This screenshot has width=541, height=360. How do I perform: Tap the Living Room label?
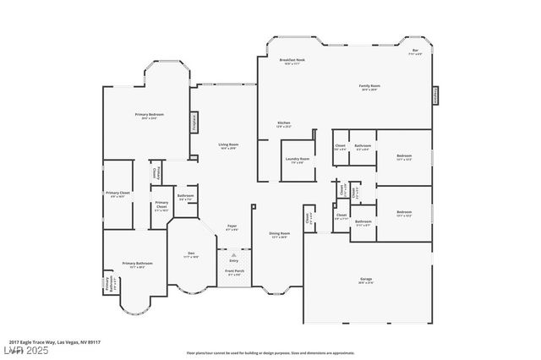tap(228, 145)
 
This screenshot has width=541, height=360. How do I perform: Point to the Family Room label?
tap(369, 86)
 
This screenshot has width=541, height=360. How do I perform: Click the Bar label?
tap(415, 52)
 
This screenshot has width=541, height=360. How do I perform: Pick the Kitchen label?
tap(284, 124)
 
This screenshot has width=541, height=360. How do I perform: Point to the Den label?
tap(192, 255)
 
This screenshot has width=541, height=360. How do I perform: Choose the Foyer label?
tap(232, 227)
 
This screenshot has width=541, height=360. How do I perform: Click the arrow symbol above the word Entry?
tap(234, 254)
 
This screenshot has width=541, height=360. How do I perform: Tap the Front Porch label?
tap(233, 272)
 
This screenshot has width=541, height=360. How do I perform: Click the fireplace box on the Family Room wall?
tap(437, 95)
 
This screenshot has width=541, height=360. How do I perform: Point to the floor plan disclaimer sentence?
tap(270, 352)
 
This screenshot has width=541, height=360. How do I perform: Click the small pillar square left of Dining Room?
tap(253, 205)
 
